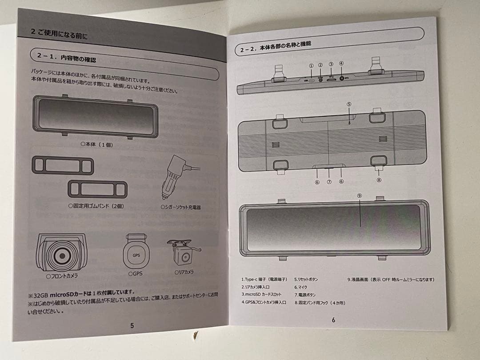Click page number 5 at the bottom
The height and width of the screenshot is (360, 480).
pos(132,325)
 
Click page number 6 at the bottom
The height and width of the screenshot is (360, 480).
pos(333,319)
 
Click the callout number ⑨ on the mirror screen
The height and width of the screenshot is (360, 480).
pos(360,195)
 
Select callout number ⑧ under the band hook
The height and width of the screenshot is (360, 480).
pos(379,180)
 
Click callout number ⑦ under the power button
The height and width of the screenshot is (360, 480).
pos(329,181)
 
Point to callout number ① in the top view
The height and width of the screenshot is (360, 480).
pos(311,66)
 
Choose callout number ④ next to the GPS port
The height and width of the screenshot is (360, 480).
pos(341,63)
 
